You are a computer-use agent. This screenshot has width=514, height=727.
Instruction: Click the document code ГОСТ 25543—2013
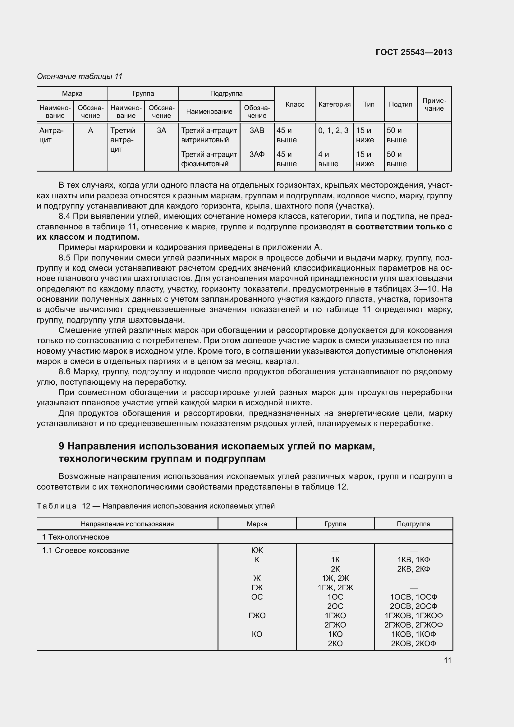414,52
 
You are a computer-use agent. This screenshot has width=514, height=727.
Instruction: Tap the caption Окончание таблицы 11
80,76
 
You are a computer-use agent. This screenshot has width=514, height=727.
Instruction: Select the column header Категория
334,104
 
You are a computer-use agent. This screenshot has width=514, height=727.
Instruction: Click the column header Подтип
400,104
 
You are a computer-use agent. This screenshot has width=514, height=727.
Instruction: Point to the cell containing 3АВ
257,131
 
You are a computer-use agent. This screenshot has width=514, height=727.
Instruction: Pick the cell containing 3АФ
257,154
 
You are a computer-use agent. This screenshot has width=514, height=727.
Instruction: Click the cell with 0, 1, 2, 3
333,131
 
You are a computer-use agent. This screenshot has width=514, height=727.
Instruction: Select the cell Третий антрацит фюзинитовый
209,159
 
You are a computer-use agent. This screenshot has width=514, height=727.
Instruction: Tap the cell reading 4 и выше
328,159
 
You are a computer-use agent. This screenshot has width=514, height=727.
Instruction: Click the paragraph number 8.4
64,217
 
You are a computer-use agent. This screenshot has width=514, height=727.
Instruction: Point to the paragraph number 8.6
64,372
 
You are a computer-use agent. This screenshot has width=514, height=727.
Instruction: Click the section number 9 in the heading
62,446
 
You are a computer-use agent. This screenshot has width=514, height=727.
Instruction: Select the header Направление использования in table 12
127,524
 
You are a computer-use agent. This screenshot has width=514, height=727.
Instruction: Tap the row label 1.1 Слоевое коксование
85,551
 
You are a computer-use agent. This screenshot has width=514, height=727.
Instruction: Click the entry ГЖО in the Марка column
257,615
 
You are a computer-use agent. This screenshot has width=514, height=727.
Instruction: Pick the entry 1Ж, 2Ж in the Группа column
335,578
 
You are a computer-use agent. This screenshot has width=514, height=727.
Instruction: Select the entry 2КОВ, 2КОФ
413,643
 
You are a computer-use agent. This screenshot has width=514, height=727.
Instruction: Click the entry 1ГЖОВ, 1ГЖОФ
413,615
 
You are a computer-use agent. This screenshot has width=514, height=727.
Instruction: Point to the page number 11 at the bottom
447,660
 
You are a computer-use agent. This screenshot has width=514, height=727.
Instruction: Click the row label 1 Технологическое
76,537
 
